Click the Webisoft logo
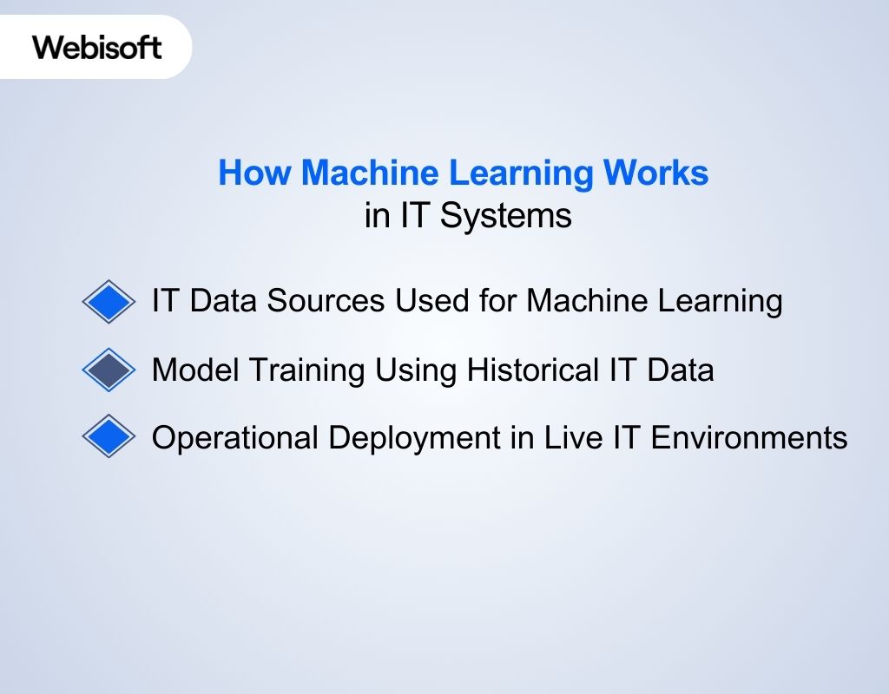pos(97,47)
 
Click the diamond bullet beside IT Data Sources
pos(109,301)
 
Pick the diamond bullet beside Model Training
pos(109,370)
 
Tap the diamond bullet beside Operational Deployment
pos(109,436)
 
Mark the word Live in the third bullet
pos(568,437)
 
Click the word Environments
pos(749,437)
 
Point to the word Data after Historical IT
pos(680,370)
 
